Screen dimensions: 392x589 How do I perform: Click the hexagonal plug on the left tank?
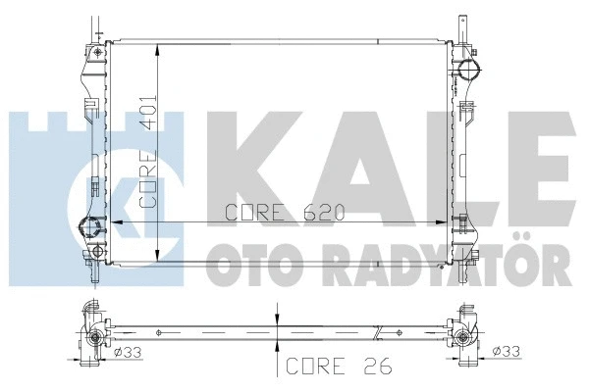coord(95,230)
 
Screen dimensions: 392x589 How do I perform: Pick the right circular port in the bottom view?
coord(460,338)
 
